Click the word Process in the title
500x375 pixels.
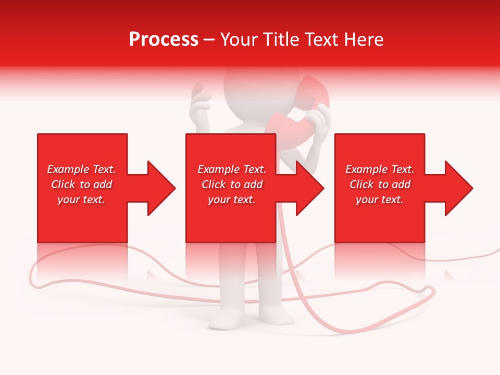point(164,40)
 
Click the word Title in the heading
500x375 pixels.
point(281,40)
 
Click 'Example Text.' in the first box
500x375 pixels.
point(81,169)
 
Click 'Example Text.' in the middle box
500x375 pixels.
point(232,169)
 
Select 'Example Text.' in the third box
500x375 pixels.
point(380,169)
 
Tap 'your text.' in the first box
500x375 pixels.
point(81,199)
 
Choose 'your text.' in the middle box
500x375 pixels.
point(232,199)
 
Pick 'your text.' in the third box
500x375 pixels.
point(380,199)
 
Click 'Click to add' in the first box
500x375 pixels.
point(81,184)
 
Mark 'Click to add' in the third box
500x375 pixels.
point(380,184)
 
